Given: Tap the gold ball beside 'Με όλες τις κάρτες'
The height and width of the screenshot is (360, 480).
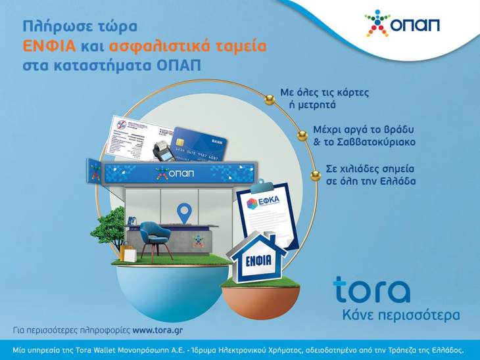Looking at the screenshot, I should (270, 99).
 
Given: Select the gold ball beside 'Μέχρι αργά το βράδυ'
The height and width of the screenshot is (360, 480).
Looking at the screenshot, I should (302, 135).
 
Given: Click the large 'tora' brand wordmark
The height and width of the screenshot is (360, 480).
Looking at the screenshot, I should (372, 290).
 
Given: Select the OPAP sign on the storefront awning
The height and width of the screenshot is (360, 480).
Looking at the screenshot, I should (172, 174).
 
